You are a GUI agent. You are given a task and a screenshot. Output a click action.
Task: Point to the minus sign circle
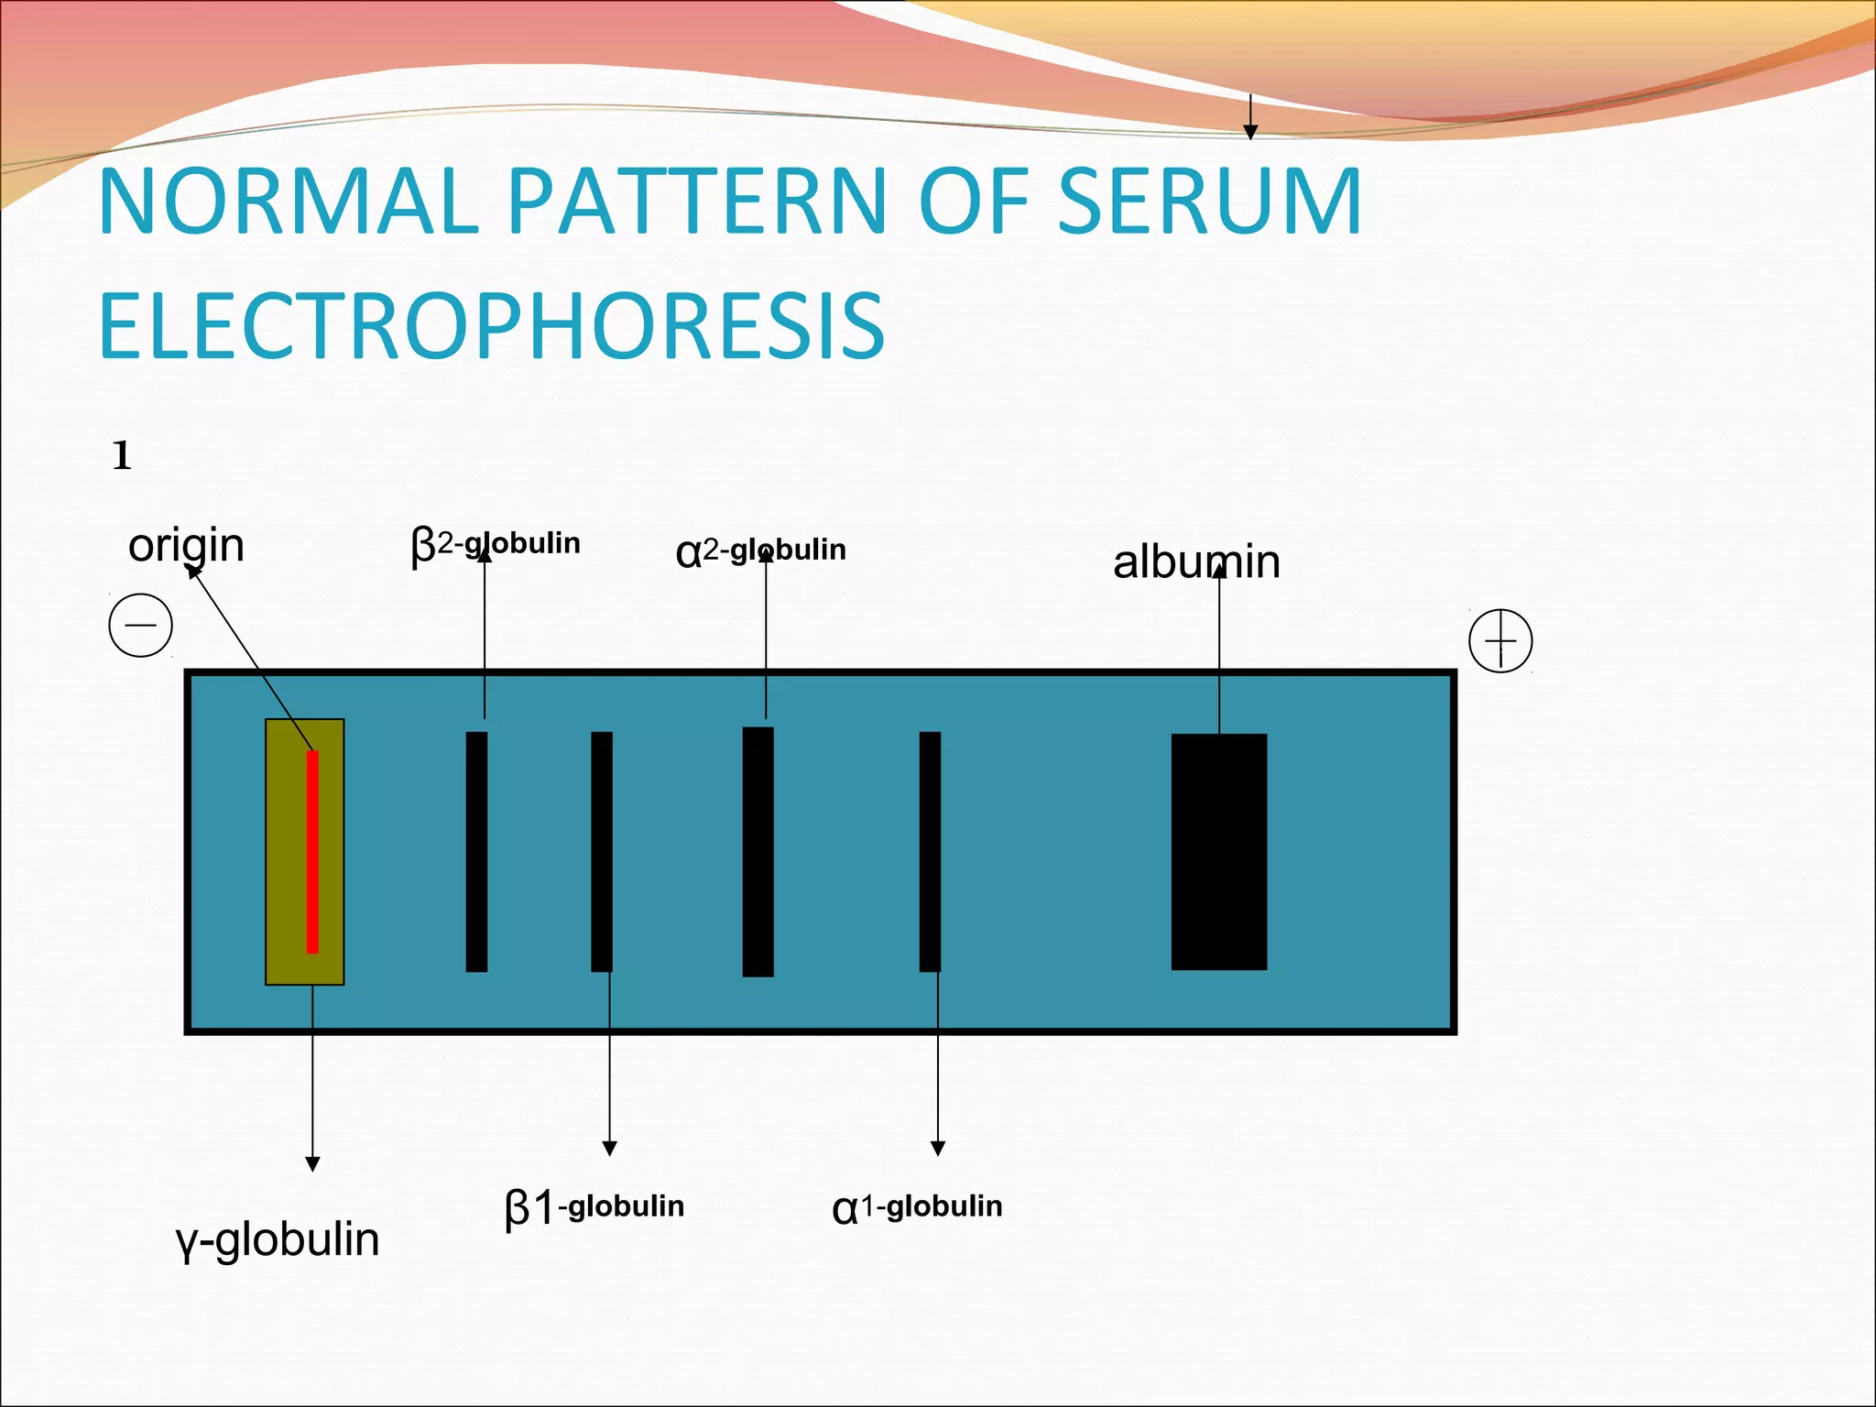(141, 626)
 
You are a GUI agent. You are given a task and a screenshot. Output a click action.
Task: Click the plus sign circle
(1500, 640)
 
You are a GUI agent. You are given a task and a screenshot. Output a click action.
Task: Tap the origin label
(186, 546)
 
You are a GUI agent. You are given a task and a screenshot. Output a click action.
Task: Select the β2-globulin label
(496, 545)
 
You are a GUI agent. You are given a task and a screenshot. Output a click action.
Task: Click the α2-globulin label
(760, 551)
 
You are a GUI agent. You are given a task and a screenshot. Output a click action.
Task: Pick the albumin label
(1196, 562)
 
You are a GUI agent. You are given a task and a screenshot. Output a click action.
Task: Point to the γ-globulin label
(277, 1240)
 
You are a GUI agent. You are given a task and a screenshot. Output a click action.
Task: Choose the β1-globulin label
(594, 1207)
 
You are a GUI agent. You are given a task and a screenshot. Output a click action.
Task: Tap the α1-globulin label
(917, 1207)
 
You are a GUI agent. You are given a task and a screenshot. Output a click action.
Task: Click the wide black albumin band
(1219, 851)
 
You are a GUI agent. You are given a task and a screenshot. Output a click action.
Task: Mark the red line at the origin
(312, 851)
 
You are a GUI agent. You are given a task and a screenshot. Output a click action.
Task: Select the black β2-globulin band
(476, 851)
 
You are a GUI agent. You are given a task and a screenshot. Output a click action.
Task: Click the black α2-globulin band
(758, 851)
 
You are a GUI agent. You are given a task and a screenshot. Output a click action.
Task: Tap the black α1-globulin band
(930, 851)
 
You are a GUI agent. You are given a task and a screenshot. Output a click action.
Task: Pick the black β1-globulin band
(602, 851)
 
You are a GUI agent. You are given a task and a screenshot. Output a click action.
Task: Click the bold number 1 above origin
(122, 455)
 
